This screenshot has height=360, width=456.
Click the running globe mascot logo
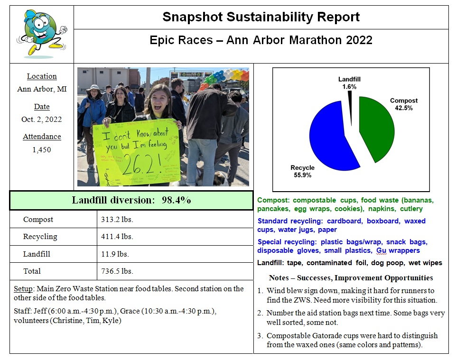42,33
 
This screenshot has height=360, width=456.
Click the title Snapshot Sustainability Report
261,18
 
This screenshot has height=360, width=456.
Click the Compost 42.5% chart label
404,104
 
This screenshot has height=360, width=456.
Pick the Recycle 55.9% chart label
302,171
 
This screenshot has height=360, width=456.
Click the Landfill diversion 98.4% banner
131,200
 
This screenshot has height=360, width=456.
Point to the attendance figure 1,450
42,150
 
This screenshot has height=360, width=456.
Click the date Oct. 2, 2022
42,120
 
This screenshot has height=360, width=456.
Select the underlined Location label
42,76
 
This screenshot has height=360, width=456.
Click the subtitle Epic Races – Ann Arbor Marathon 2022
261,40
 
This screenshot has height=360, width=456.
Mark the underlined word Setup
22,289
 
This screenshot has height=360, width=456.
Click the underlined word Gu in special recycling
381,250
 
